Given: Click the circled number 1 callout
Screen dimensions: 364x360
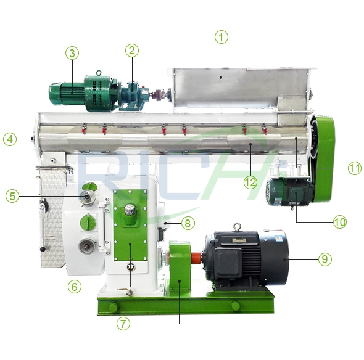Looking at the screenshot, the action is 221,37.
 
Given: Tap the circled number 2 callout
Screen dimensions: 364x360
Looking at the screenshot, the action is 132,51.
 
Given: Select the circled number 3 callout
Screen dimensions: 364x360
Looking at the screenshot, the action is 72,53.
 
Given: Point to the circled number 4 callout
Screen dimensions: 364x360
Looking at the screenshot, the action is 10,139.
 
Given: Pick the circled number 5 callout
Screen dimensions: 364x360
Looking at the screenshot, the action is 12,196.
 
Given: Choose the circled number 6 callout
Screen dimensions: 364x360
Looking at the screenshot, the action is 74,287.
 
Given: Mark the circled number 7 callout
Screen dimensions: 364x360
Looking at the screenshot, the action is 123,324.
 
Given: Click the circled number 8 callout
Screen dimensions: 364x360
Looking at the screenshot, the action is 188,223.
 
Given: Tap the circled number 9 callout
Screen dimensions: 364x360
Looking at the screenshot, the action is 325,259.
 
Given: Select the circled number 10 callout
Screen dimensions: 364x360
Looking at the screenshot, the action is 339,222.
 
